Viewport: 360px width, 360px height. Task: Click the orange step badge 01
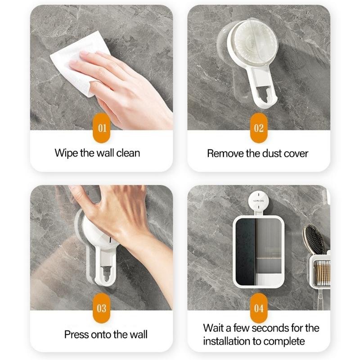click(x=102, y=128)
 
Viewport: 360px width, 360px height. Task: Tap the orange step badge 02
click(x=258, y=128)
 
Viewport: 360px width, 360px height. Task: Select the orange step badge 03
click(x=102, y=308)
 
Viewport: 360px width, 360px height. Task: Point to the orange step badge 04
click(x=258, y=308)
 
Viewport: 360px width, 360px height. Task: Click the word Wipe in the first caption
click(x=66, y=153)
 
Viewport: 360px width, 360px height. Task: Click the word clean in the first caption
click(x=128, y=153)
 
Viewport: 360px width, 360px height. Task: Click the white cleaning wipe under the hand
click(x=72, y=61)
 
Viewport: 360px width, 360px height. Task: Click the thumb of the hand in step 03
click(x=79, y=193)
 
